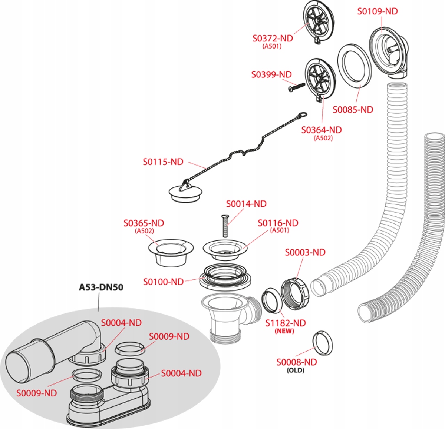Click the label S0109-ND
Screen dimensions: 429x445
click(377, 11)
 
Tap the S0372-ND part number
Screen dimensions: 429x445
click(273, 38)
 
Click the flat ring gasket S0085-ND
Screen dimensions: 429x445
click(354, 66)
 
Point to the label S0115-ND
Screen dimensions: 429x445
click(163, 162)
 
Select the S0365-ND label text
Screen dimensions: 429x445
click(144, 223)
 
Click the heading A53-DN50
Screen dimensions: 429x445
click(101, 287)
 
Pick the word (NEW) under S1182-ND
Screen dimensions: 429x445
click(284, 331)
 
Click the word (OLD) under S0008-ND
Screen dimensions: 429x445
click(296, 370)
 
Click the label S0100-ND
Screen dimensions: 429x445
click(163, 282)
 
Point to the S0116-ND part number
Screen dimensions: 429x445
click(278, 223)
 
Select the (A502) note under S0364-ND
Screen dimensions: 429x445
click(323, 138)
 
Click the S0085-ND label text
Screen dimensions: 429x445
click(353, 110)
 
